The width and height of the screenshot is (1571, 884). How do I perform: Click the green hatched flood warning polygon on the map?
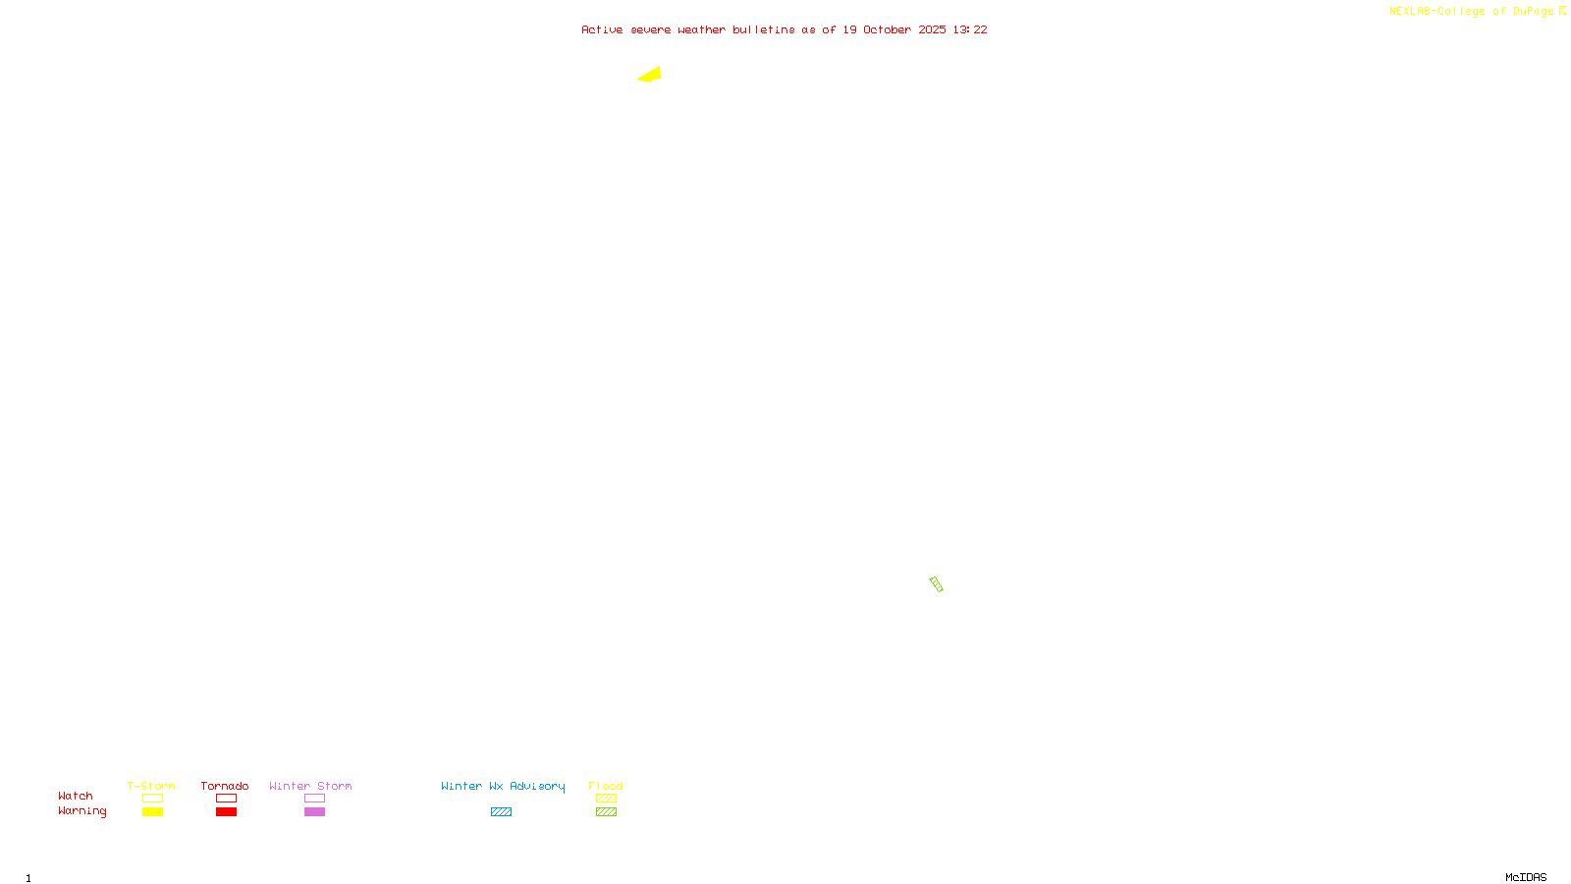[x=936, y=584]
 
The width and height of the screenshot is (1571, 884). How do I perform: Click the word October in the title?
[x=887, y=30]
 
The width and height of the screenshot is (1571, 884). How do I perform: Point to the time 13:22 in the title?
[x=970, y=30]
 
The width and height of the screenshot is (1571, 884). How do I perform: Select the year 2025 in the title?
[x=932, y=30]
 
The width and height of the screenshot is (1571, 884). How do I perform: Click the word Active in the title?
[x=602, y=30]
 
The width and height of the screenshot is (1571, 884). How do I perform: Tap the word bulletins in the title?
[x=763, y=30]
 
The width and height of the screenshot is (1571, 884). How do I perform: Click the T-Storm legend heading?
[x=151, y=786]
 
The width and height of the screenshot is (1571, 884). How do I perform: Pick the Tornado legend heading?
[x=225, y=786]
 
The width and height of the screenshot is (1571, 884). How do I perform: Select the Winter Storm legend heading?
[x=310, y=786]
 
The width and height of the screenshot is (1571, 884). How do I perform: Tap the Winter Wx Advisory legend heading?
[x=503, y=786]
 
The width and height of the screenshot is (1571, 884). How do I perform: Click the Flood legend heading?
[x=606, y=786]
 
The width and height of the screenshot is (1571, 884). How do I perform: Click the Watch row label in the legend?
[x=76, y=797]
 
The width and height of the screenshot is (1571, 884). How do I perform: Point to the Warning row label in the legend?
[x=81, y=811]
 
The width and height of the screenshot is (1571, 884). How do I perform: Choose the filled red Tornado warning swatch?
[x=226, y=812]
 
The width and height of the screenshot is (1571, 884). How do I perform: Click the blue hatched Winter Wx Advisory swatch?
[x=501, y=812]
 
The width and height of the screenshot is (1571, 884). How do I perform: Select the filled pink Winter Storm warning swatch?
[x=314, y=812]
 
